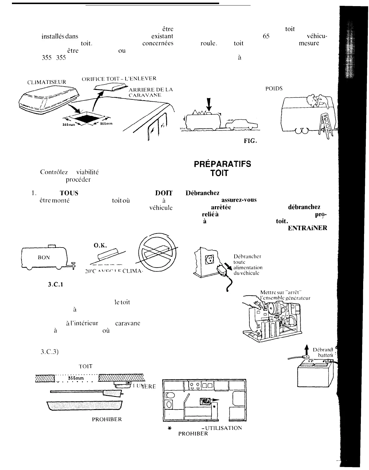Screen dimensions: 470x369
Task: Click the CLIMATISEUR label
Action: coord(47,82)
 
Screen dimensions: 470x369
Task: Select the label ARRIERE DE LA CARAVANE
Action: coord(150,92)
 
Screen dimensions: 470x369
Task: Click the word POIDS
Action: coord(274,89)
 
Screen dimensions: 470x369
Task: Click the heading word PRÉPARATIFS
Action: coord(222,164)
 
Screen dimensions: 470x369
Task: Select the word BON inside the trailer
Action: coord(44,257)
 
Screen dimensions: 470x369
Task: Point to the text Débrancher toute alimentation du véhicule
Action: coord(248,265)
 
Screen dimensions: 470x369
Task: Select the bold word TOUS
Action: coord(69,193)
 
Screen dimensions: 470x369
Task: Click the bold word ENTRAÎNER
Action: coord(307,228)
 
